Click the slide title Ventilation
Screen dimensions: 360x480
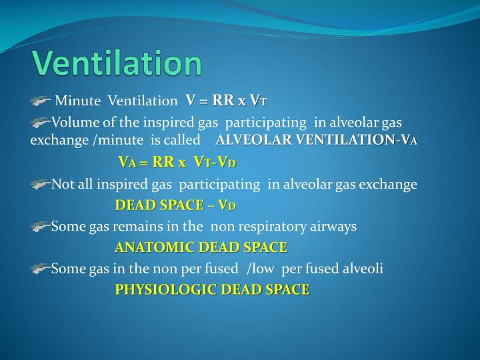[117, 64]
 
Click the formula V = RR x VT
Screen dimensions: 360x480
[226, 101]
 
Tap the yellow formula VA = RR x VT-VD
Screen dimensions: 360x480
[177, 162]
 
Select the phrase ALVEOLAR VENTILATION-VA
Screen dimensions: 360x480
[317, 140]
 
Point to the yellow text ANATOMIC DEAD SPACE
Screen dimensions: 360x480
[201, 247]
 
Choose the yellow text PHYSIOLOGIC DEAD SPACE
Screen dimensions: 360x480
[212, 289]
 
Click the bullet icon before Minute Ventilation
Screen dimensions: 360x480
[40, 101]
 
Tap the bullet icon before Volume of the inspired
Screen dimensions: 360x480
[40, 123]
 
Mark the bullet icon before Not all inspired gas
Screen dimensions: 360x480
[40, 184]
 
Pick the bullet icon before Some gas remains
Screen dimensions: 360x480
[40, 227]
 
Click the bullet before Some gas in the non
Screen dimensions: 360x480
[40, 269]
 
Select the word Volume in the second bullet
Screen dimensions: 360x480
[73, 123]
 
